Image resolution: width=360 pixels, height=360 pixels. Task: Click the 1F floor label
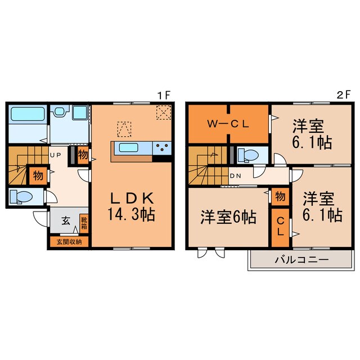(164, 96)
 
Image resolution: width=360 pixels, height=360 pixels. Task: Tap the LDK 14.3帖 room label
(132, 206)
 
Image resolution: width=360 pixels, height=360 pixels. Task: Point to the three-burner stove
(162, 148)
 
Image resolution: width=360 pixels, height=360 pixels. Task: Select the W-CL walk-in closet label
(228, 124)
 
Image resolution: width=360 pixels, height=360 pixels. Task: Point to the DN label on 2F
(236, 175)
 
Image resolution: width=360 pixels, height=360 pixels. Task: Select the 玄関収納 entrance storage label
(69, 242)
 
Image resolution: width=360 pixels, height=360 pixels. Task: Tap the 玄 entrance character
(65, 221)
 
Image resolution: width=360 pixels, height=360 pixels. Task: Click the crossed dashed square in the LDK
(164, 113)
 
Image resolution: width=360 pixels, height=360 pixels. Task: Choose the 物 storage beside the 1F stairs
(38, 175)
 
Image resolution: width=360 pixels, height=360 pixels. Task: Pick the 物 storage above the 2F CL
(280, 196)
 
